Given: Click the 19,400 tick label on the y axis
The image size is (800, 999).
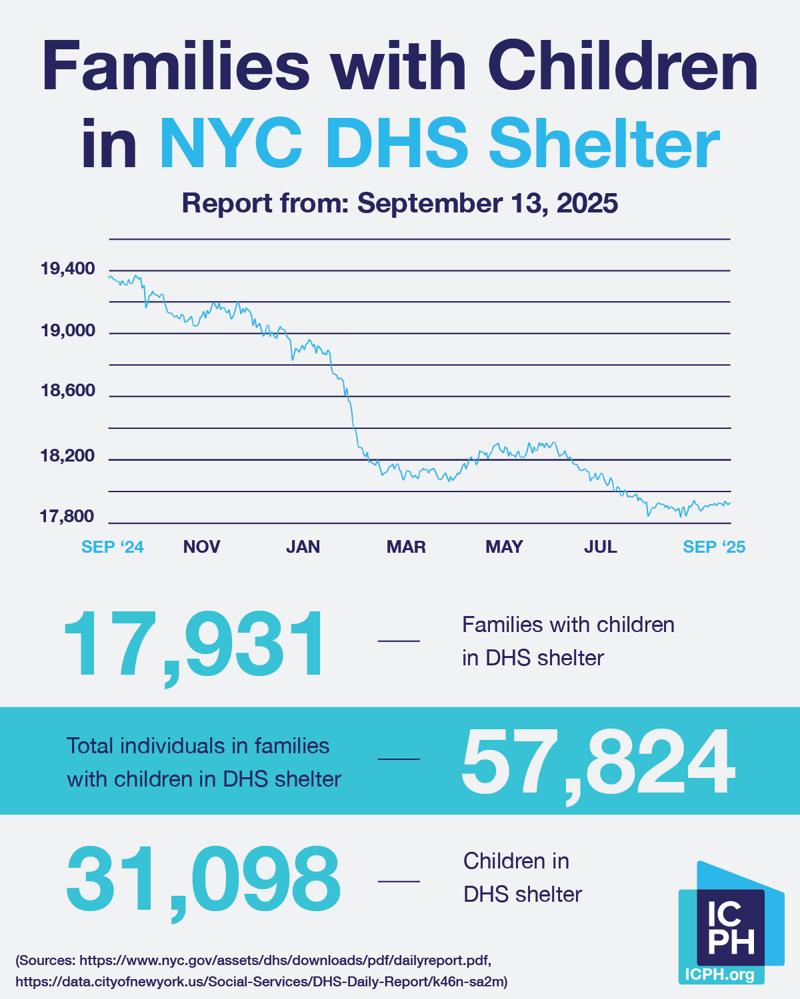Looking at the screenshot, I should click(67, 269).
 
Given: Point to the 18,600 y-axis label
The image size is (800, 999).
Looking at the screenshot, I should click(67, 390).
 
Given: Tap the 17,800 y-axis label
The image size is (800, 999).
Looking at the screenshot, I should click(67, 516).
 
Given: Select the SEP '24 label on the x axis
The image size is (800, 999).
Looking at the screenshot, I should click(112, 547).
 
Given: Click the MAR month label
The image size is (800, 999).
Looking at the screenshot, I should click(406, 547).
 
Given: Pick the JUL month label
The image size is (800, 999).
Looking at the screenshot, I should click(600, 547).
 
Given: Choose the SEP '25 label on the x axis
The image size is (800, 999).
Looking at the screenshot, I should click(714, 547).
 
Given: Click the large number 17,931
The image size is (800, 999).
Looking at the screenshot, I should click(194, 645).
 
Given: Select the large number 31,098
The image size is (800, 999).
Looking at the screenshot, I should click(203, 881).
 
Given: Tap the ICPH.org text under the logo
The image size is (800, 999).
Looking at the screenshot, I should click(720, 975).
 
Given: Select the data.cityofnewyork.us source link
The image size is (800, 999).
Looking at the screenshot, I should click(261, 981).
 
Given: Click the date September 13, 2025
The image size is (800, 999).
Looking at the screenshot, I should click(487, 203).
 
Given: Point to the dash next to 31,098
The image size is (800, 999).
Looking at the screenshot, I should click(399, 881).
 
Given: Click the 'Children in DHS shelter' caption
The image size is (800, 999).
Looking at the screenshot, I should click(523, 877).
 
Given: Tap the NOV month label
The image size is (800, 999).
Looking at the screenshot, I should click(201, 547).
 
